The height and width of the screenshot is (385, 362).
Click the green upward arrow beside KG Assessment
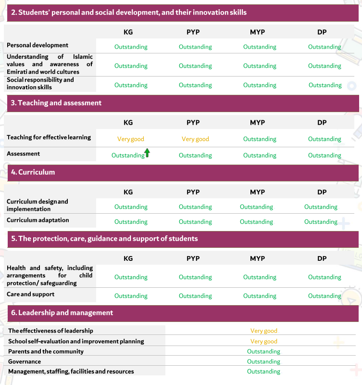pos(147,153)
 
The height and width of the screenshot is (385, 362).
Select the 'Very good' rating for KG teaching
pos(131,139)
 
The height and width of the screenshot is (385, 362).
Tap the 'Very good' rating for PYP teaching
pos(195,139)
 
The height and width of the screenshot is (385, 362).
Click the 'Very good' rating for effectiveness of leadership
pos(263,331)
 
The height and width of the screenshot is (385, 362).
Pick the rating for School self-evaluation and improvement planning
pos(263,341)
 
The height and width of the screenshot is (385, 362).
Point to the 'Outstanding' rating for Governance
pos(263,361)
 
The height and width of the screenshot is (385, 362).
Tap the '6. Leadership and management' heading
pos(62,313)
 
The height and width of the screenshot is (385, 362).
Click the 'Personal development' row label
pos(37,45)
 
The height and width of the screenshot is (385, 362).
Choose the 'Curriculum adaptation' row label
pos(38,220)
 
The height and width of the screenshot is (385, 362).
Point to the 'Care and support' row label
pos(31,294)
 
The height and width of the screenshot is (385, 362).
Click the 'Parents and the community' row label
pos(46,351)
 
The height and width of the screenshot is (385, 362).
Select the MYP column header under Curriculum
pos(257,192)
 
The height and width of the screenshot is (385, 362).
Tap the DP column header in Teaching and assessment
pos(322,123)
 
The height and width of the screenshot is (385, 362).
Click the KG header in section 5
pos(128,258)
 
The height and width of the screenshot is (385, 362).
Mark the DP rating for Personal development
pos(325,47)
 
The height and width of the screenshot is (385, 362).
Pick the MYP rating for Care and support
pos(260,296)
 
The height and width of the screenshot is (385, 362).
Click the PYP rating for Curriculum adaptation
pos(195,222)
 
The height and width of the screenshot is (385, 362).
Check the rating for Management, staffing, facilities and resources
pos(263,372)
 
